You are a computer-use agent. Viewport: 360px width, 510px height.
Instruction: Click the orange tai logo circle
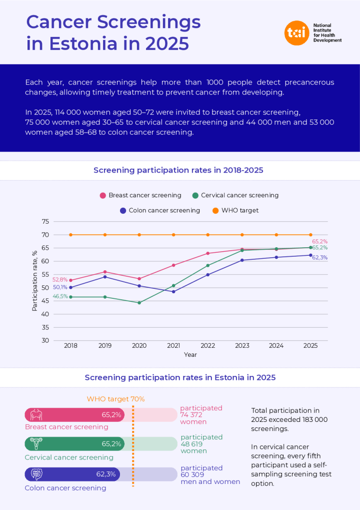[x=296, y=33]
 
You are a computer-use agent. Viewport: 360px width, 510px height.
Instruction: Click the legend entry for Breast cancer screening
[x=140, y=195]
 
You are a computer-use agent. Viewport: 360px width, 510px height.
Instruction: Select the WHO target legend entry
[x=235, y=210]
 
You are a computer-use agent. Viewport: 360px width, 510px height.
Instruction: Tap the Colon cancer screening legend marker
[x=123, y=211]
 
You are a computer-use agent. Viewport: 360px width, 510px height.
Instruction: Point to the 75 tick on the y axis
[x=45, y=222]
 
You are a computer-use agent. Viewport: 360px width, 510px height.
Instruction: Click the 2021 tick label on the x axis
[x=173, y=346]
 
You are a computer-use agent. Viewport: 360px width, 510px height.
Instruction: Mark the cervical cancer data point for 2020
[x=139, y=303]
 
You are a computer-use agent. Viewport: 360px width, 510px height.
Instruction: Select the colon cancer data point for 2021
[x=173, y=292]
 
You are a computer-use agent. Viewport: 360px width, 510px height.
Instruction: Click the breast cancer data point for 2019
[x=105, y=272]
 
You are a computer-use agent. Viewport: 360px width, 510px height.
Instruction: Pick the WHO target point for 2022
[x=208, y=235]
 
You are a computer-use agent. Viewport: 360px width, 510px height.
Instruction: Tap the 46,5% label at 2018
[x=60, y=296]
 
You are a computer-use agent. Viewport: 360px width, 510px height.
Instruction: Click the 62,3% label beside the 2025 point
[x=319, y=258]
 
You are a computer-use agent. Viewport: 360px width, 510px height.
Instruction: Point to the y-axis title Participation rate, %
[x=34, y=281]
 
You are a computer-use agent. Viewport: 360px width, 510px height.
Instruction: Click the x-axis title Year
[x=190, y=354]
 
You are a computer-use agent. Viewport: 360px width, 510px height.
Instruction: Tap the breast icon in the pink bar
[x=36, y=415]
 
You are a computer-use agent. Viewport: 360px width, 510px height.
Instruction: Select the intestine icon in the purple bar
[x=36, y=474]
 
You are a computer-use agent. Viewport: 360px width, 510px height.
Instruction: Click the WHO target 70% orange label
[x=115, y=399]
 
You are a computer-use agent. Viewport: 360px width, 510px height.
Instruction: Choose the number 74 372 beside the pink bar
[x=191, y=415]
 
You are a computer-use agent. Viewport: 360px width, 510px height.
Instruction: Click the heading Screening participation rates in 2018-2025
[x=178, y=170]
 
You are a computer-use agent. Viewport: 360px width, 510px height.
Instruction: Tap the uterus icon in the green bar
[x=36, y=443]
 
